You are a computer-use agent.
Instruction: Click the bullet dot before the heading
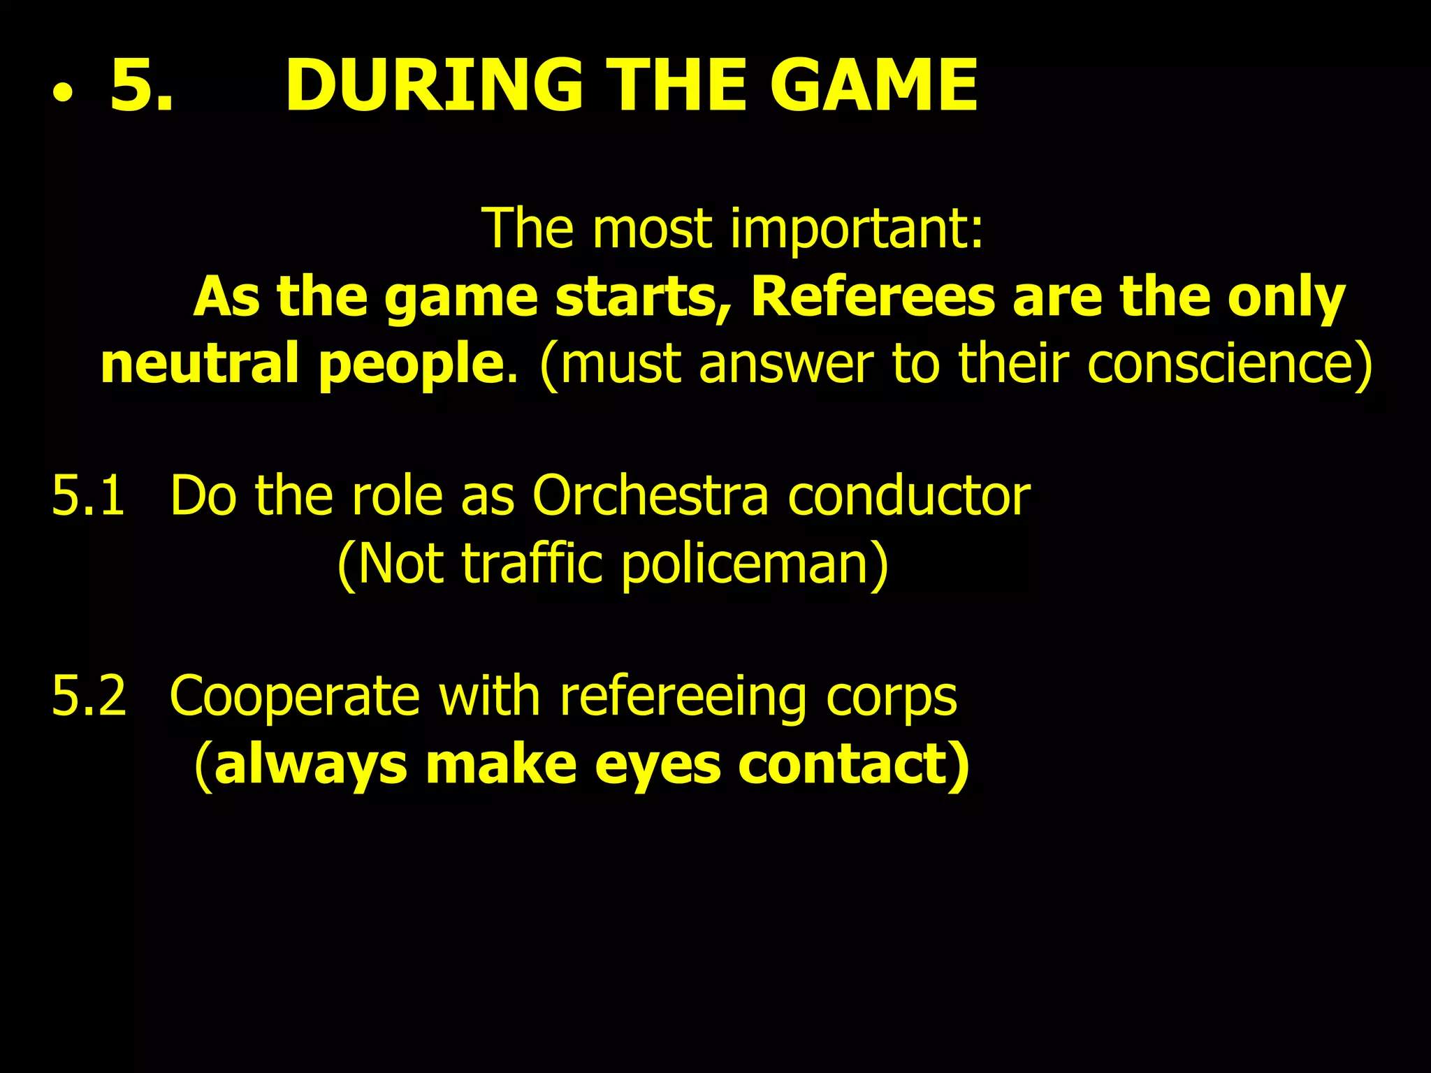pyautogui.click(x=62, y=96)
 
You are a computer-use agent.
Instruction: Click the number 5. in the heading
pyautogui.click(x=142, y=85)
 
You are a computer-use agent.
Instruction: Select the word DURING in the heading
pyautogui.click(x=433, y=85)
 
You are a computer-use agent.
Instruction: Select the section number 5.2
pyautogui.click(x=89, y=696)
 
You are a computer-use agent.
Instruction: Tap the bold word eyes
pyautogui.click(x=658, y=765)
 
